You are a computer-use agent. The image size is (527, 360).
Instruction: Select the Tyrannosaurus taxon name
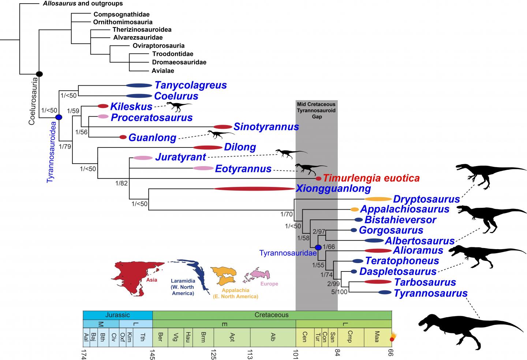[430, 293]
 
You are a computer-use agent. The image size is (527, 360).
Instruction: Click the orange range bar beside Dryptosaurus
[378, 199]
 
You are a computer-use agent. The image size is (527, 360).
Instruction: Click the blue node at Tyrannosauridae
[318, 247]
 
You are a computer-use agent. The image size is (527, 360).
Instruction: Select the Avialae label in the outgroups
[163, 71]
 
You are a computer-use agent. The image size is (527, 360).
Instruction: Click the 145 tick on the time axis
[152, 353]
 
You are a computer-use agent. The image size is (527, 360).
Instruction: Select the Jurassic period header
[117, 315]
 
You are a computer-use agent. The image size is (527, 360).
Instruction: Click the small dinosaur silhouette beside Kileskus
[179, 106]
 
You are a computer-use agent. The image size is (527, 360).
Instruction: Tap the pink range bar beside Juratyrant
[143, 158]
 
